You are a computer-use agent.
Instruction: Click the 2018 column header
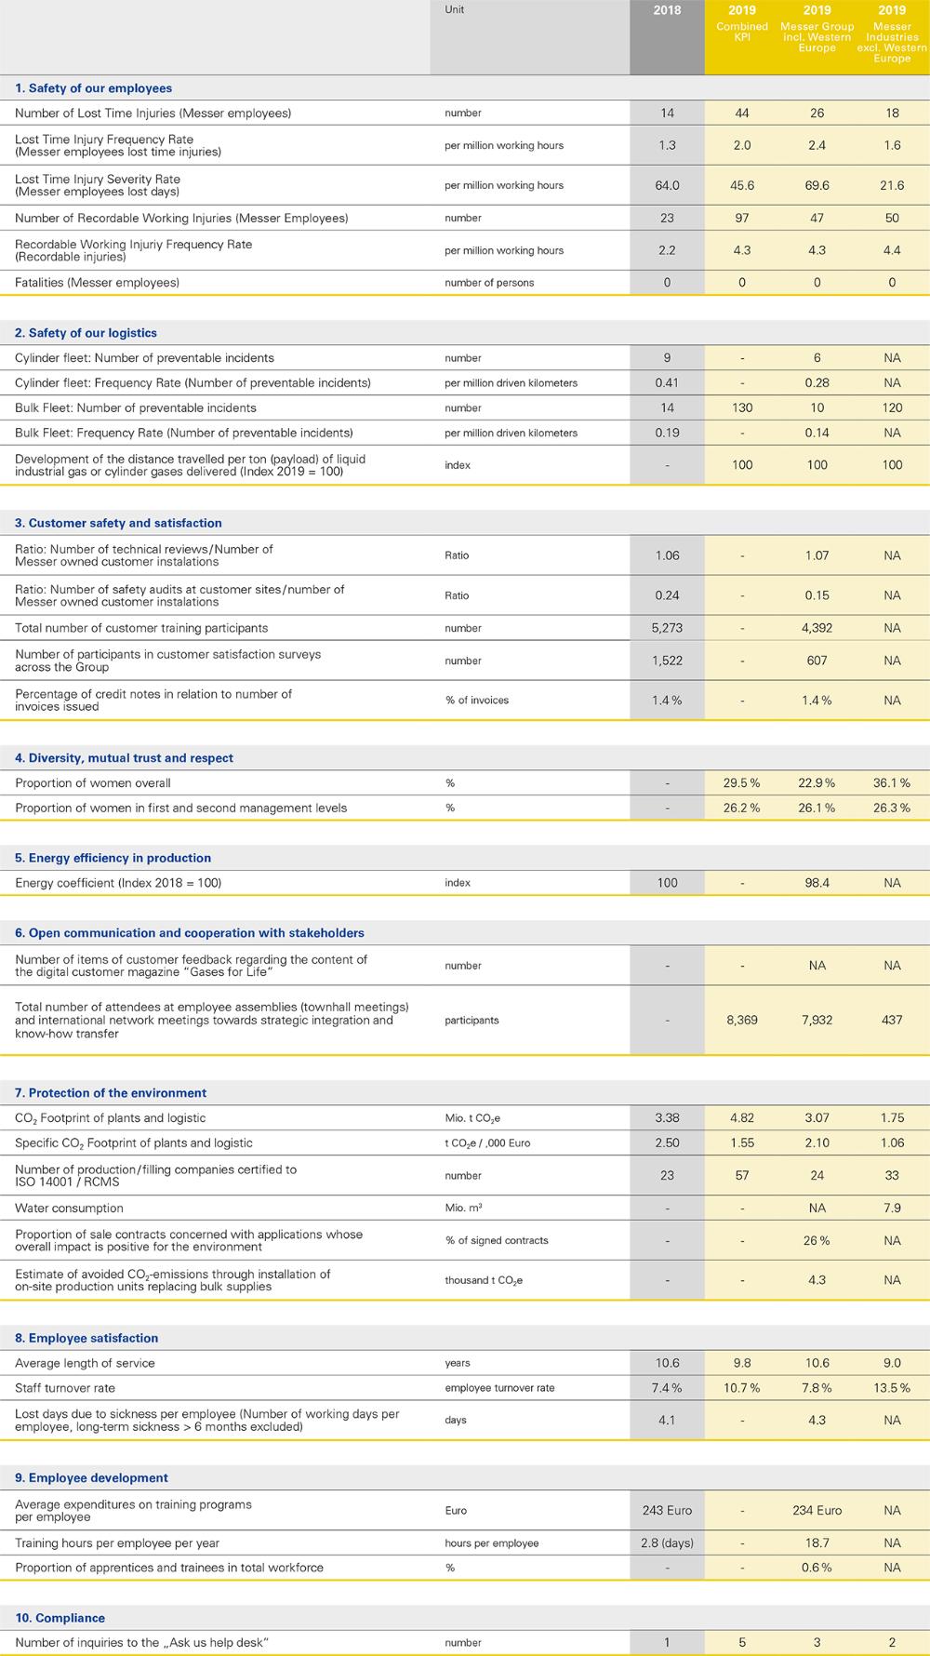point(667,10)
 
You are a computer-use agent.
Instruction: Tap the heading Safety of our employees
point(93,88)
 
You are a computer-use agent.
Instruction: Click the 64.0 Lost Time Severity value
point(667,185)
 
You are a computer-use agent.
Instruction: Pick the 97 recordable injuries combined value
point(742,218)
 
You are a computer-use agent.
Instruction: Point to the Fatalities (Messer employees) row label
point(97,282)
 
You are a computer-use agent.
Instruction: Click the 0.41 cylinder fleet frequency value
point(667,382)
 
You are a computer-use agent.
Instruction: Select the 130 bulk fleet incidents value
point(742,407)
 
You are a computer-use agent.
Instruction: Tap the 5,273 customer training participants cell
point(667,628)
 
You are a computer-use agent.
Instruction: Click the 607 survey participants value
point(817,661)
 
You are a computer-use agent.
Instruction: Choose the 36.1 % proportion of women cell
point(892,782)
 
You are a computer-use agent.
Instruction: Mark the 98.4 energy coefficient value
point(817,882)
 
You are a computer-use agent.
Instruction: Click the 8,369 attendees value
point(742,1020)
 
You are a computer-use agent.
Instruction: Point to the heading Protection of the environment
point(111,1093)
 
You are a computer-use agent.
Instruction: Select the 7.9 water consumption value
point(892,1208)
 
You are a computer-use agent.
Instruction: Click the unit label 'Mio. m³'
point(463,1208)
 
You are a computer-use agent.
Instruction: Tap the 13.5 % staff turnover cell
point(892,1388)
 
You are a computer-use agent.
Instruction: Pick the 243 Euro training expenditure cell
point(667,1510)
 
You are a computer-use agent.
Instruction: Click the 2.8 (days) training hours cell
point(667,1542)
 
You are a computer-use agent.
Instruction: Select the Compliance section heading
point(60,1618)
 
